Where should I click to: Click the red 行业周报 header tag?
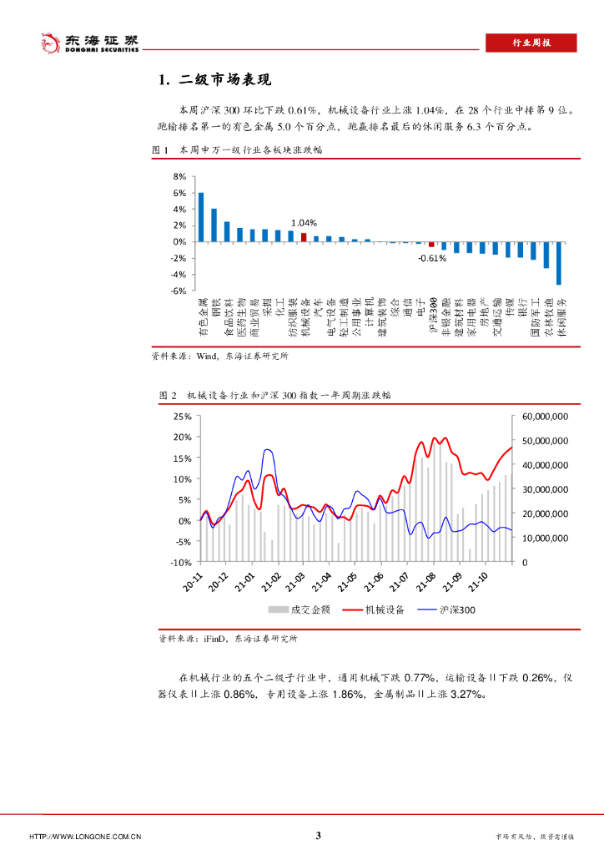click(531, 43)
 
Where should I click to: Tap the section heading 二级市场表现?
click(215, 80)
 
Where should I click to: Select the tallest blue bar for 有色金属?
click(201, 217)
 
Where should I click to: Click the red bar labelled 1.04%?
click(304, 237)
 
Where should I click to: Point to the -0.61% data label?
click(432, 258)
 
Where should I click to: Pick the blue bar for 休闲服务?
click(559, 263)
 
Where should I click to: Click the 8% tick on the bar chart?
click(179, 177)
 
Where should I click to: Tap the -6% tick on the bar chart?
click(178, 291)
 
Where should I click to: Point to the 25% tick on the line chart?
click(182, 416)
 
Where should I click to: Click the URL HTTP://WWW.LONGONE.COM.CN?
click(85, 837)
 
